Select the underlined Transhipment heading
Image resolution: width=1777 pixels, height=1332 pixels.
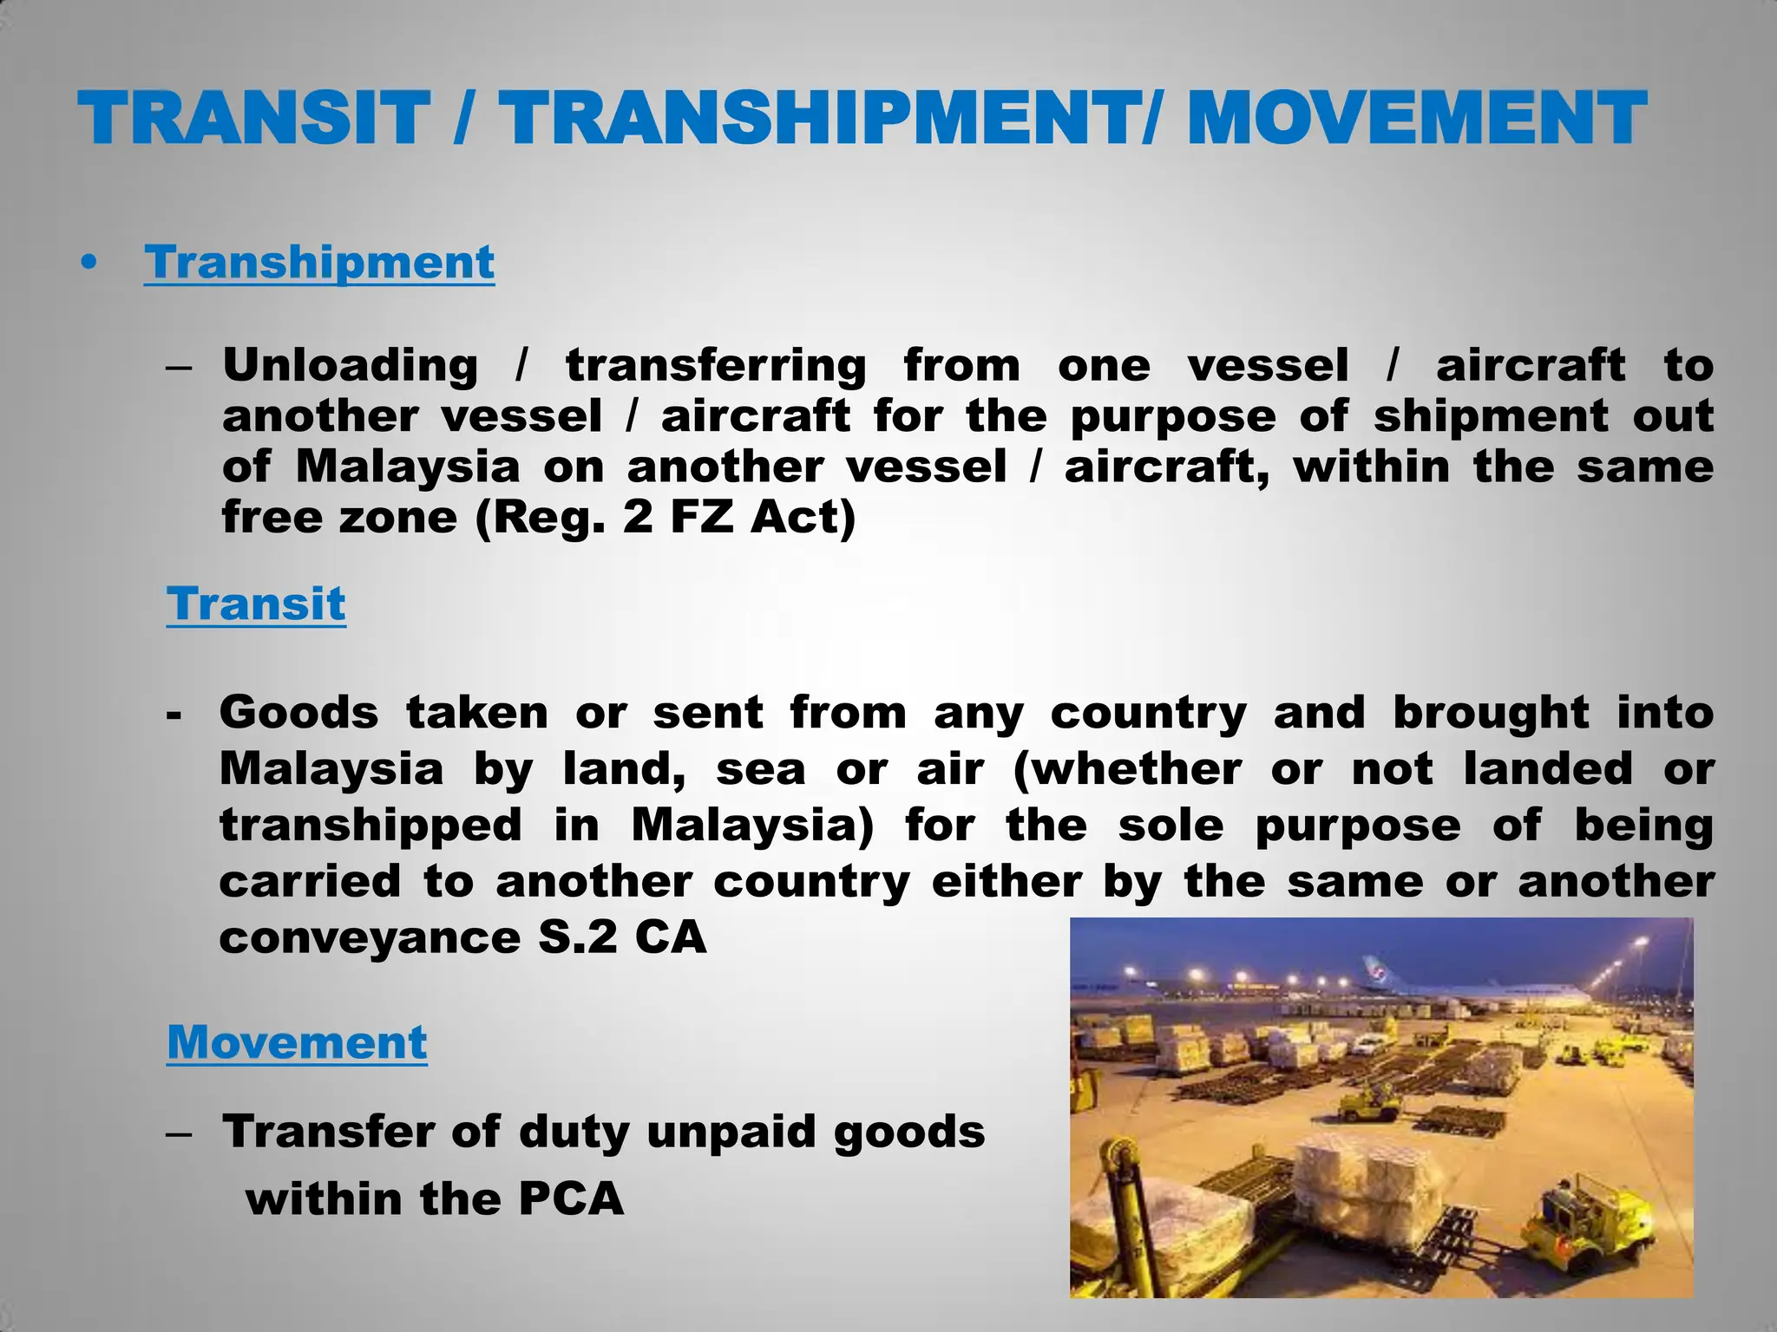pos(319,262)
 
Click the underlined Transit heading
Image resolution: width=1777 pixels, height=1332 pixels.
pos(256,604)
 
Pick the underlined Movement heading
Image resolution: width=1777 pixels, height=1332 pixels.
pos(297,1042)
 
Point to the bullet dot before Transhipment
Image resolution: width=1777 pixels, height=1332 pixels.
pos(88,264)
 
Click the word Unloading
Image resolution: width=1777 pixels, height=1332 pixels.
pos(350,366)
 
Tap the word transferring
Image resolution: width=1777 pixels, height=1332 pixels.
pos(716,366)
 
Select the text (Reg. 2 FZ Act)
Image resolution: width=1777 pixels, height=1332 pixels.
pos(666,519)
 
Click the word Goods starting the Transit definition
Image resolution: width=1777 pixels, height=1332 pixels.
pos(298,713)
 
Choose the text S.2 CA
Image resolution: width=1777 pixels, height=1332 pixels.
pos(622,937)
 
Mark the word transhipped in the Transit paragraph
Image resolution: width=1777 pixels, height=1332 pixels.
pos(370,826)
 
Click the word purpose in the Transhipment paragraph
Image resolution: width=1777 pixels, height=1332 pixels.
pos(1173,417)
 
